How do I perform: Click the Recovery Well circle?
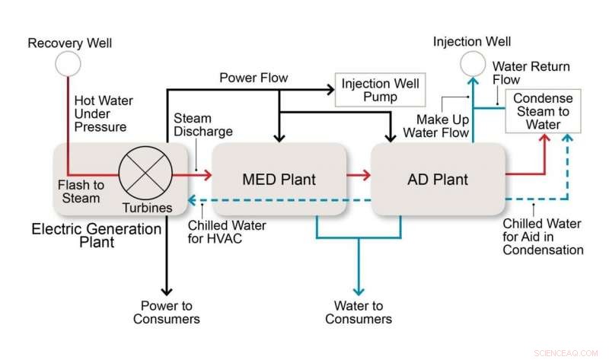click(x=66, y=65)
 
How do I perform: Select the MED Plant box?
click(x=279, y=180)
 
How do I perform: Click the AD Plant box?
click(x=438, y=180)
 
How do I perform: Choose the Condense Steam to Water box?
click(x=542, y=112)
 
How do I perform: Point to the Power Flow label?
click(x=253, y=78)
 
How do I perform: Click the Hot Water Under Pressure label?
click(x=100, y=113)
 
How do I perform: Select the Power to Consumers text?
click(x=166, y=312)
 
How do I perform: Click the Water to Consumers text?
click(x=359, y=312)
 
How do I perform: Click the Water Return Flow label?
click(x=531, y=73)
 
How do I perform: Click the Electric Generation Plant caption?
click(x=96, y=235)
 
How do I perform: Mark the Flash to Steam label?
click(x=81, y=191)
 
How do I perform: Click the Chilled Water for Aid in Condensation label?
click(x=543, y=237)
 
